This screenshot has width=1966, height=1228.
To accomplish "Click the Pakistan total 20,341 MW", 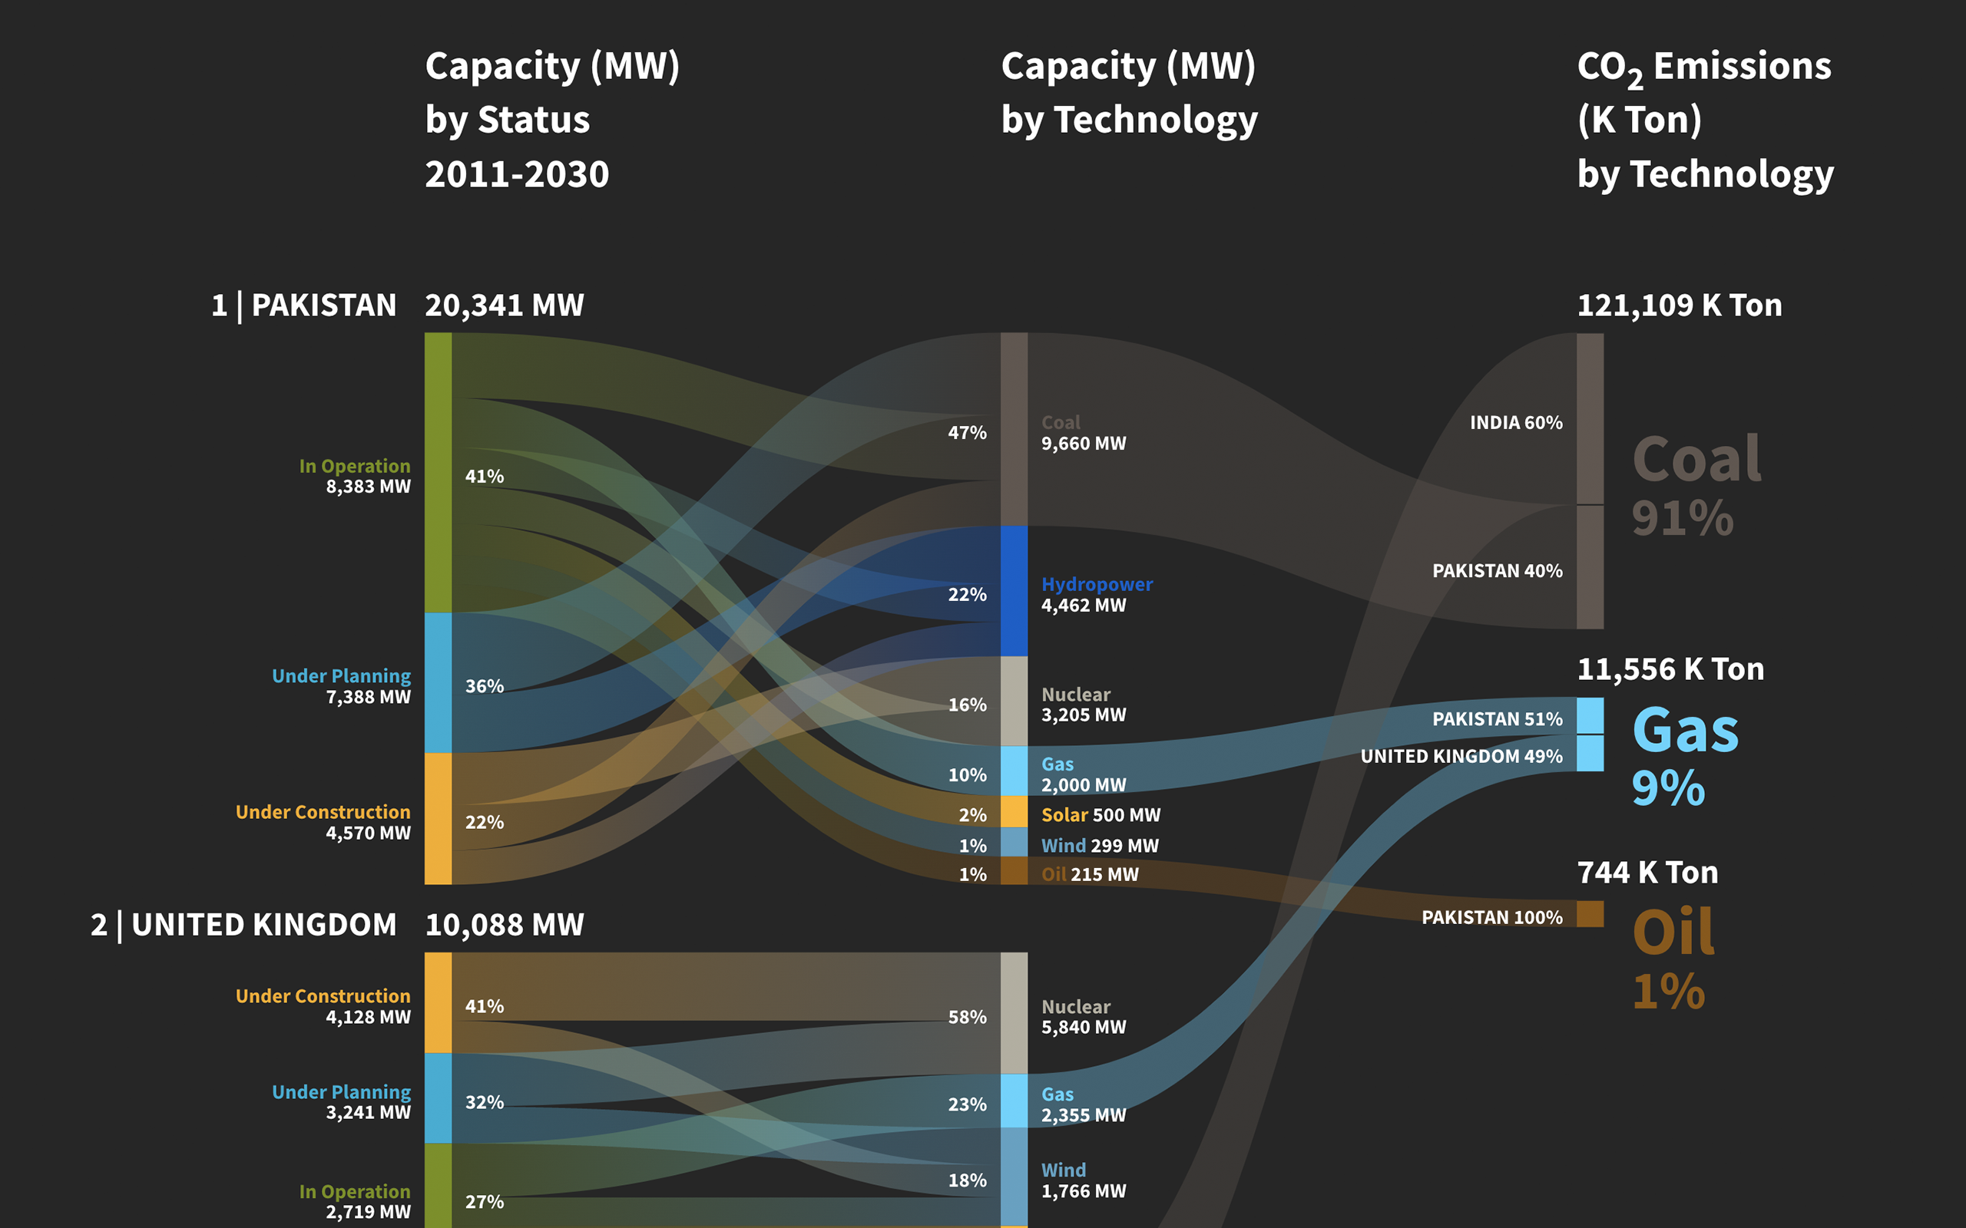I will click(x=504, y=305).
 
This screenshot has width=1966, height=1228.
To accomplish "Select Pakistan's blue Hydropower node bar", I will click(x=1014, y=590).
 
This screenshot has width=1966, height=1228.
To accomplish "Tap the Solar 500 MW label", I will click(x=1100, y=814).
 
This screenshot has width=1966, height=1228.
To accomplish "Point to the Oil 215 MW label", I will click(x=1090, y=874).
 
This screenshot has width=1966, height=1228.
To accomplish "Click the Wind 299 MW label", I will click(x=1099, y=846).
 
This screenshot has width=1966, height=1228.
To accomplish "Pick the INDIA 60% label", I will click(x=1515, y=422).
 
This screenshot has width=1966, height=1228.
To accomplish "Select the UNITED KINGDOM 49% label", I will click(x=1461, y=756).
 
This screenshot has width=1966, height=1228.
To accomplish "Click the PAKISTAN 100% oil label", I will click(x=1491, y=917).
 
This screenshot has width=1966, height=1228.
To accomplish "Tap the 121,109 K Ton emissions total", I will click(x=1679, y=305).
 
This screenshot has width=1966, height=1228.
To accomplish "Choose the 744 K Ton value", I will click(x=1647, y=873).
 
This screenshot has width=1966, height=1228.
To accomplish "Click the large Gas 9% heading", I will click(x=1684, y=755).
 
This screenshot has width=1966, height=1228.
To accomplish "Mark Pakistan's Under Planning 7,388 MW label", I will click(x=341, y=686).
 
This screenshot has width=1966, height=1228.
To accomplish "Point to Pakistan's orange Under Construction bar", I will click(x=438, y=818).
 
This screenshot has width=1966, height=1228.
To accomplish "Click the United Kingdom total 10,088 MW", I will click(x=504, y=924).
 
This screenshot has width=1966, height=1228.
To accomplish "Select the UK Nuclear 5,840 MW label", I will click(x=1083, y=1017).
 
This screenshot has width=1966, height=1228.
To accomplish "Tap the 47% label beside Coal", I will click(x=967, y=432).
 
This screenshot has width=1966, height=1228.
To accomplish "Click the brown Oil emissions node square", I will click(x=1590, y=913).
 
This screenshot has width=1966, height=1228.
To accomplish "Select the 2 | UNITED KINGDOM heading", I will click(x=243, y=924).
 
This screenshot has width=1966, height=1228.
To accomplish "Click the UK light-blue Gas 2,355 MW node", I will click(x=1014, y=1101).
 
